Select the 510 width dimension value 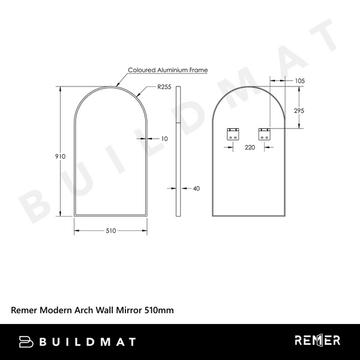click(111, 230)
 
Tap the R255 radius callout click(164, 87)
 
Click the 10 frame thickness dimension click(164, 139)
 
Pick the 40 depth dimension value click(196, 188)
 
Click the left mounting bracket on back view click(232, 134)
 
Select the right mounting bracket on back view click(264, 134)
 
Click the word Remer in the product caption click(25, 310)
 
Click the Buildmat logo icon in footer click(27, 341)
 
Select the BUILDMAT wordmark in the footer click(87, 341)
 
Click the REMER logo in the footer click(317, 341)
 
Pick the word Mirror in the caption click(128, 310)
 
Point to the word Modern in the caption click(56, 310)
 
